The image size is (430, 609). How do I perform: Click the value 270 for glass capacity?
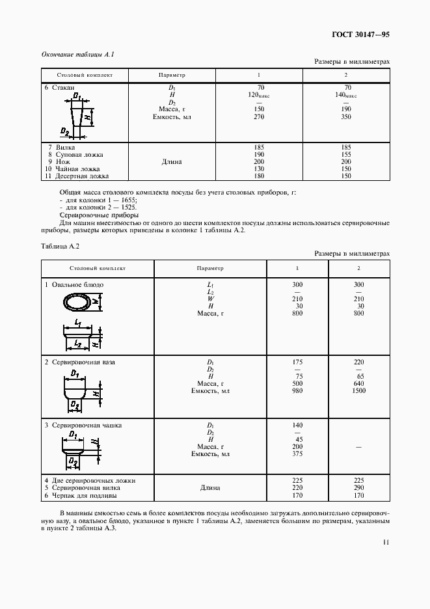click(x=260, y=117)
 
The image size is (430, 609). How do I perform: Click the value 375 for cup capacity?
click(x=299, y=455)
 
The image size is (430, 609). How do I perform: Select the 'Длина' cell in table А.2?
click(x=209, y=487)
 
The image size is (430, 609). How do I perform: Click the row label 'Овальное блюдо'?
click(x=76, y=285)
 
